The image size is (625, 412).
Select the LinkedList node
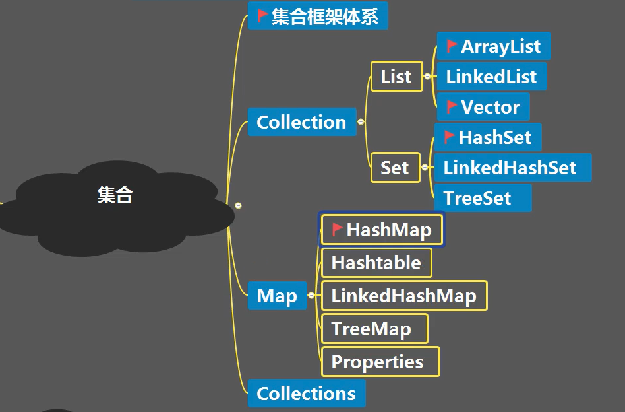coord(491,77)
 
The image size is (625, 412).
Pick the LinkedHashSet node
coord(510,168)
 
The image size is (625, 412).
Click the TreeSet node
coord(477,198)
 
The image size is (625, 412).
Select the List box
coord(396,77)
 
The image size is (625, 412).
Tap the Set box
coord(395,168)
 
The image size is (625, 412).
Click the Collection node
coord(301,122)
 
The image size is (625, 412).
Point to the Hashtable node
coord(376,263)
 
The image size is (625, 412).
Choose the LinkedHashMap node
coord(403,295)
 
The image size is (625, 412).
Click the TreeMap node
coord(371,329)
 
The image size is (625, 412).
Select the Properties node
coord(377,362)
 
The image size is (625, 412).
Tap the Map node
coord(277,296)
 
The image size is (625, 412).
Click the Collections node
coord(306,394)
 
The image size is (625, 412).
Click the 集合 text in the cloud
coord(115,195)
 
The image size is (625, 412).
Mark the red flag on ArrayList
coord(452,46)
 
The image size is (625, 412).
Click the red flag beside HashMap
coord(338,229)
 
